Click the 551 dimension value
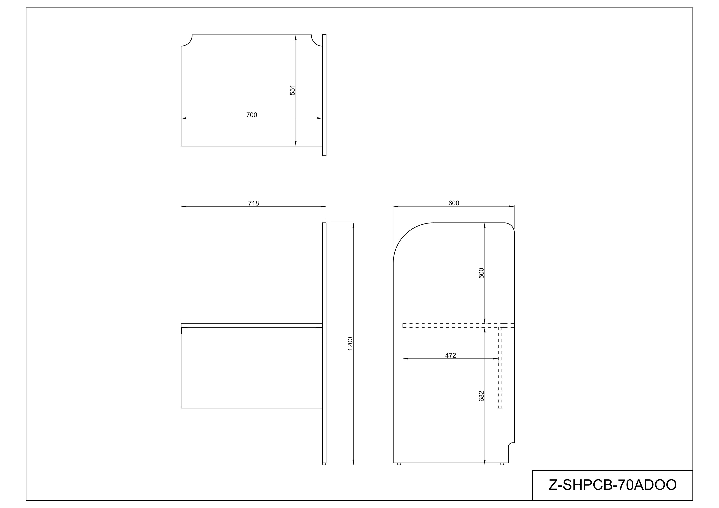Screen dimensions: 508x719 click(x=292, y=90)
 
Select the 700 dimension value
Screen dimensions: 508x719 click(x=251, y=115)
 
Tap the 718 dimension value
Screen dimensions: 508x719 click(x=253, y=203)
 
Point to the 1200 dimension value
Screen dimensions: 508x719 click(x=350, y=344)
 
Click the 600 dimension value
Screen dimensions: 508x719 click(x=453, y=203)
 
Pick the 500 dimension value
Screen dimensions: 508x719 click(x=482, y=273)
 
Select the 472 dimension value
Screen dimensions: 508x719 click(x=450, y=355)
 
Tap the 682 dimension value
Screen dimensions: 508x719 click(x=482, y=396)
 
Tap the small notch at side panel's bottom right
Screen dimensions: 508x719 click(x=510, y=445)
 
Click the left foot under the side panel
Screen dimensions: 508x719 click(x=399, y=464)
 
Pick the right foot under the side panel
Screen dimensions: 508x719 click(x=502, y=464)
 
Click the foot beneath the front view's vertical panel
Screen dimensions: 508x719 click(x=324, y=464)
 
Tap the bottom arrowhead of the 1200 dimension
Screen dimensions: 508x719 click(x=353, y=462)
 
